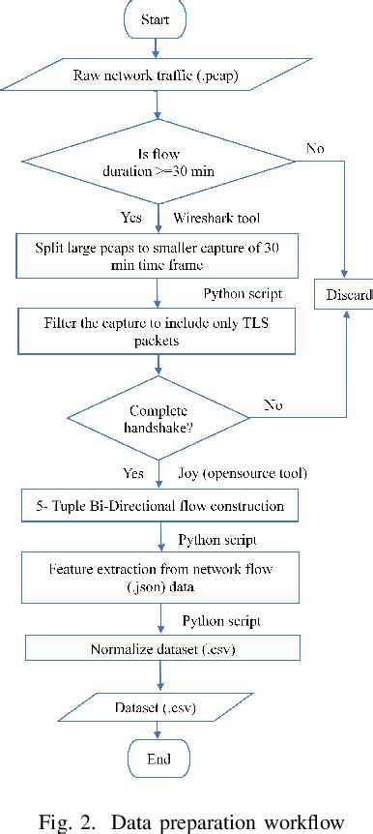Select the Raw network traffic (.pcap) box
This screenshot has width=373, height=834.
point(156,74)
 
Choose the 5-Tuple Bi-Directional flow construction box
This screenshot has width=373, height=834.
point(156,506)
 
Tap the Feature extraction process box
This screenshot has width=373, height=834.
point(156,578)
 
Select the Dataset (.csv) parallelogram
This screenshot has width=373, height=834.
point(156,706)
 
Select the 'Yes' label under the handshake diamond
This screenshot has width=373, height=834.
point(131,474)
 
